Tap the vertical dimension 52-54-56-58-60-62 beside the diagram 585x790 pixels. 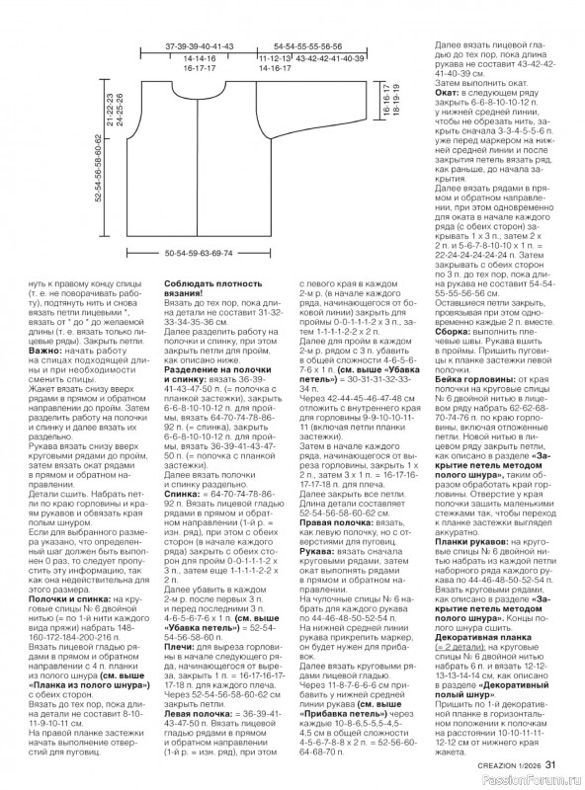(x=100, y=184)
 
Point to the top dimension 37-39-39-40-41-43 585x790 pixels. (x=198, y=47)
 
